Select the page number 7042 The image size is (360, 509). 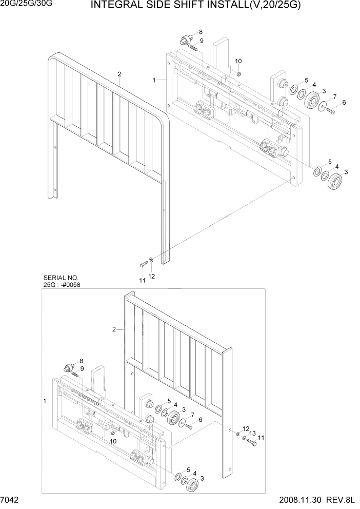point(11,501)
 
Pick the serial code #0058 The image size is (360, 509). point(72,284)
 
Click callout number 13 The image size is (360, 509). point(252,434)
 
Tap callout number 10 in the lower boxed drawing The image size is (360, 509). point(113,441)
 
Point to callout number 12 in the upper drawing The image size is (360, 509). point(151,277)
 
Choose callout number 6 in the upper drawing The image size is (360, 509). point(344,103)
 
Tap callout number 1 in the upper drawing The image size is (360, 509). point(154,81)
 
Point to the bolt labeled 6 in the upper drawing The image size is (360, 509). point(330,110)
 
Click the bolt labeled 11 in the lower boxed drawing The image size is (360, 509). point(251,441)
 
